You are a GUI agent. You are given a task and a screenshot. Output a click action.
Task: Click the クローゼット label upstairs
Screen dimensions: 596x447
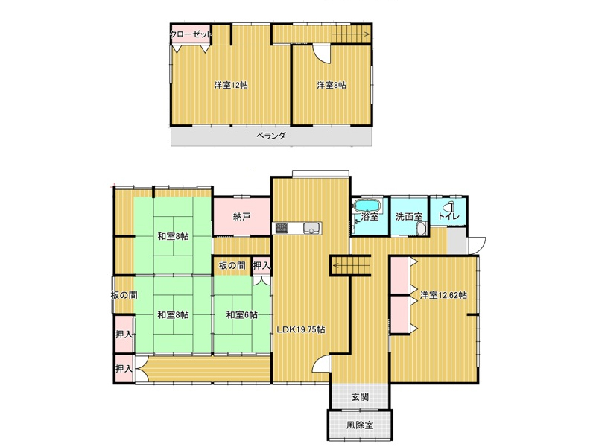191,34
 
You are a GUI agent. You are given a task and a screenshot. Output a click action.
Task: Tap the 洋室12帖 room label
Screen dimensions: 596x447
231,85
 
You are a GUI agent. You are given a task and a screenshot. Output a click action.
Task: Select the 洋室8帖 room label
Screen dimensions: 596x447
332,85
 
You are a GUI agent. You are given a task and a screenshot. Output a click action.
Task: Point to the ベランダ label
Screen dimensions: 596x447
270,136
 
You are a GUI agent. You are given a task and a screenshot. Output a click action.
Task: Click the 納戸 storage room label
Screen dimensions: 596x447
241,217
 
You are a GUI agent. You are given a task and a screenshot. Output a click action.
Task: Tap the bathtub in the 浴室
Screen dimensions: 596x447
367,206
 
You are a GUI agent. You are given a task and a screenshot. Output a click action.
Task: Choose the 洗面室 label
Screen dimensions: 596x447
409,217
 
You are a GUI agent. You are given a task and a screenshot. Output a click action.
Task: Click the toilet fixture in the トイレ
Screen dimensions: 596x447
451,206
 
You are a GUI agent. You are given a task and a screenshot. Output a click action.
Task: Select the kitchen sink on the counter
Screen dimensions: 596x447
311,228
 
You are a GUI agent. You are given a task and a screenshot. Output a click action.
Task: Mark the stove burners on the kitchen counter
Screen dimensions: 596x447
282,228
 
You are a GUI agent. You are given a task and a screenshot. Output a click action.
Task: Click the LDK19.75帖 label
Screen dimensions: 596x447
301,329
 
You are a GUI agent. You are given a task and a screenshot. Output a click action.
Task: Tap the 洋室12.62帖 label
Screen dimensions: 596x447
443,295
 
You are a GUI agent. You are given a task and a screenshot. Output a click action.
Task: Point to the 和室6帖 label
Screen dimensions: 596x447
241,314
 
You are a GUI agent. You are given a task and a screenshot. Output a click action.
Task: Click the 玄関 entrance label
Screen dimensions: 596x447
360,397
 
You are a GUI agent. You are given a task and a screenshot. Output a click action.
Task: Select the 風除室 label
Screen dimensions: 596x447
360,425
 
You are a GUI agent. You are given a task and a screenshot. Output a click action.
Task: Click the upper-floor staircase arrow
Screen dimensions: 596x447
350,34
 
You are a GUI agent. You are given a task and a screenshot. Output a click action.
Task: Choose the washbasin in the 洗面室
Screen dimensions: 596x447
421,229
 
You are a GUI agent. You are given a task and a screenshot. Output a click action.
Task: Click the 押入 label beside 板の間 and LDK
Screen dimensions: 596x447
261,266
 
